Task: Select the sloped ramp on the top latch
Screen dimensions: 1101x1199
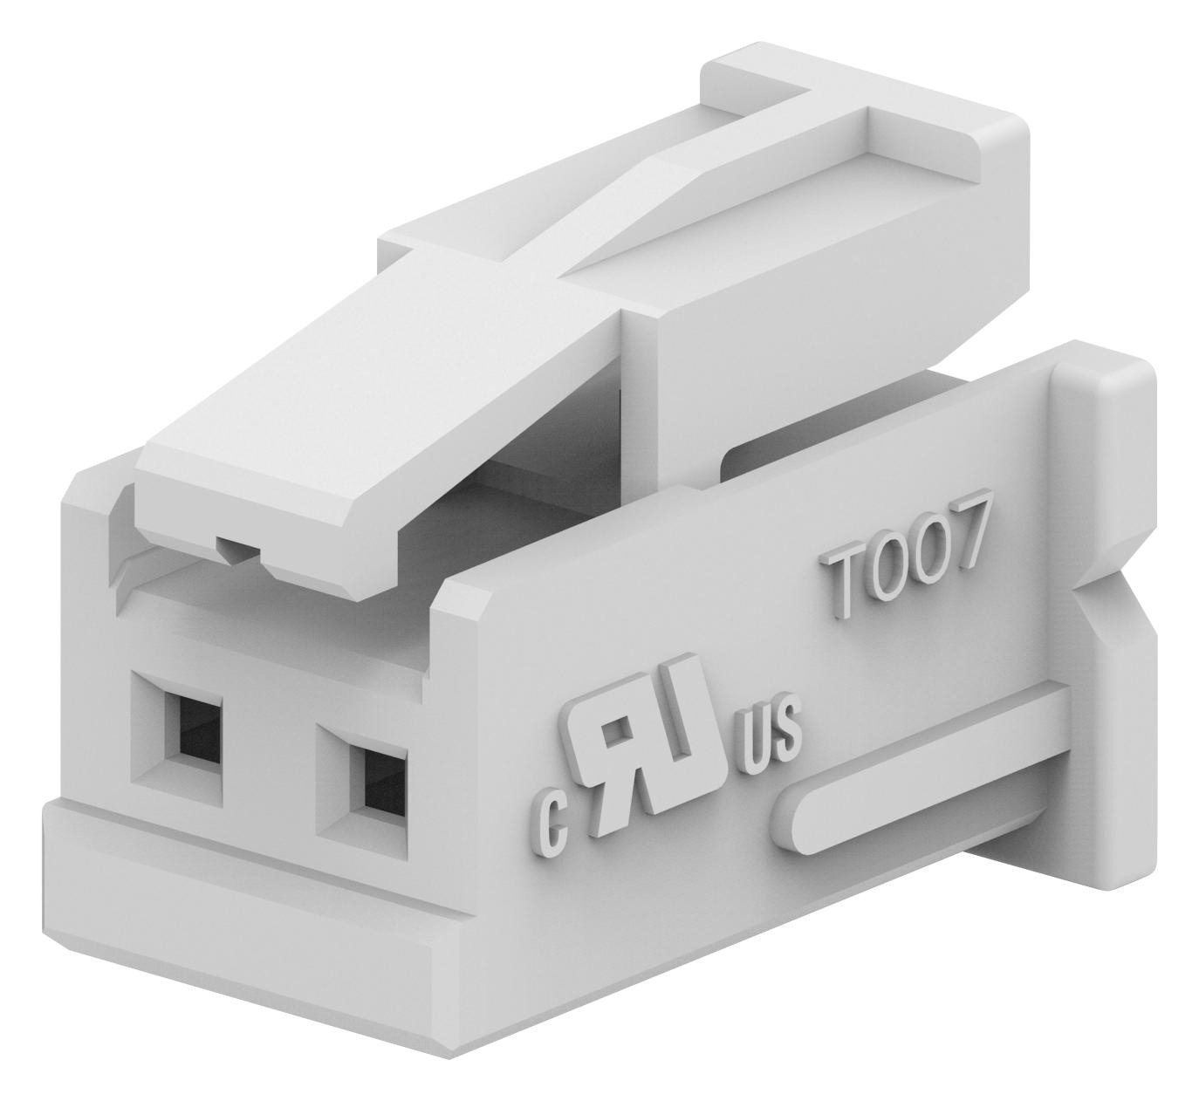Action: tap(663, 218)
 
